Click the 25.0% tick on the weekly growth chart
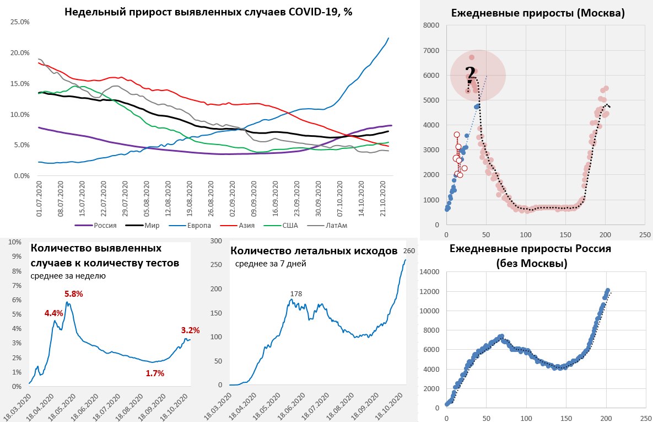(20, 22)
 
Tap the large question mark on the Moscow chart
(470, 74)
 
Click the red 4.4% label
(54, 313)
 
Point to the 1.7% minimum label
(155, 373)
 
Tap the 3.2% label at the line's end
(190, 330)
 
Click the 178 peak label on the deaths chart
(296, 294)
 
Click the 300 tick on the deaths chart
(216, 241)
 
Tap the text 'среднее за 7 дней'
(271, 264)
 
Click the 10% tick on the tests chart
(15, 242)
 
